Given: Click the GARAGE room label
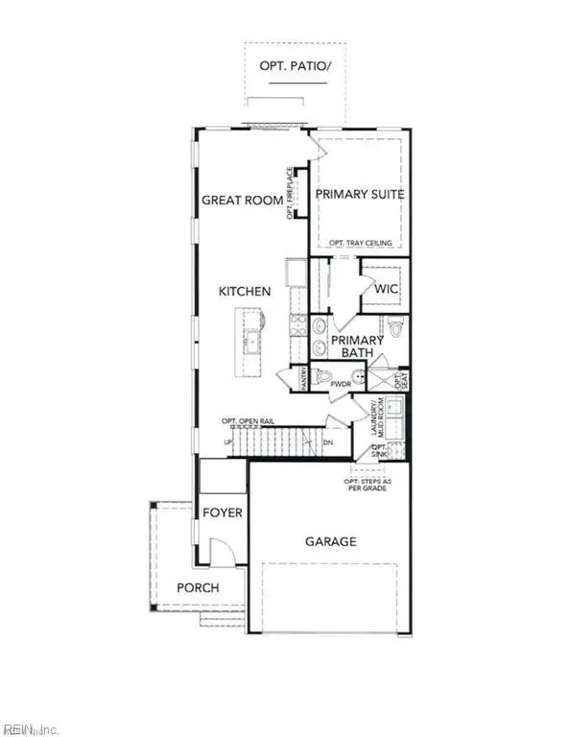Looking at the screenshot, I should (x=331, y=541).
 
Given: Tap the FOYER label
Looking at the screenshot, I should (x=222, y=512).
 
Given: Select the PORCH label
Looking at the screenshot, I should (x=198, y=587).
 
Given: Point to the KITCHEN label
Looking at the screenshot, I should (x=244, y=291).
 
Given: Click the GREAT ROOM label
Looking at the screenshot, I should (x=242, y=201).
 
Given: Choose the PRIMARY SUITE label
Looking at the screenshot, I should (x=360, y=194).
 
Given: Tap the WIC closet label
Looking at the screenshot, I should (x=387, y=288).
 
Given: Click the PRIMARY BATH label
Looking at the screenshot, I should (x=358, y=346).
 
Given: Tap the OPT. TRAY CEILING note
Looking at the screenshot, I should (x=360, y=243).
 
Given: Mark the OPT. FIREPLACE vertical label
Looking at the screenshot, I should (x=289, y=193).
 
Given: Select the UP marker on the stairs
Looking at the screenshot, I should (x=227, y=442).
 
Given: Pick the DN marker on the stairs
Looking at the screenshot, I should (x=326, y=442).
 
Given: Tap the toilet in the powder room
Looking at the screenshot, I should (x=324, y=376).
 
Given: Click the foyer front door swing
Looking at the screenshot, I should (x=221, y=552).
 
